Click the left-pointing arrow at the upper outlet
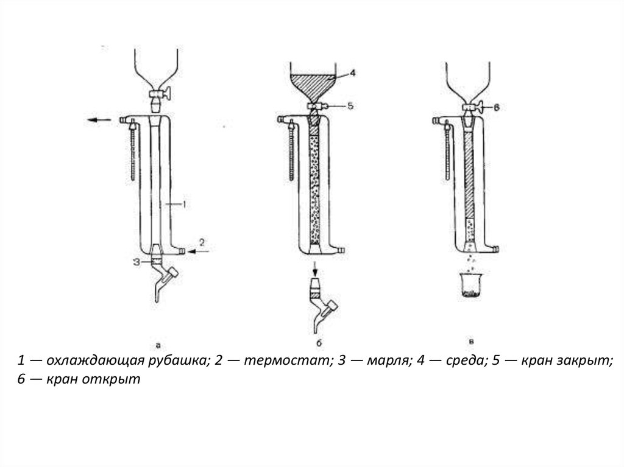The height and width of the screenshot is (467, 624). (100, 120)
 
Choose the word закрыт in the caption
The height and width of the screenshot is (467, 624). (584, 360)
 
